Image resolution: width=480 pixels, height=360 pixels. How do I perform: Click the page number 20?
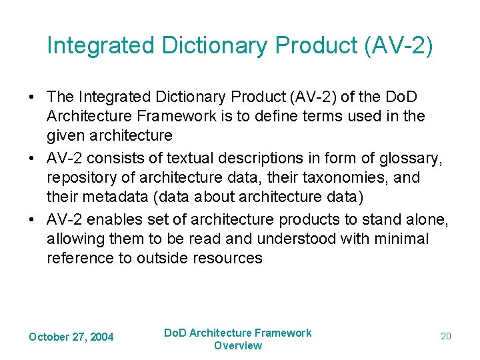[446, 337]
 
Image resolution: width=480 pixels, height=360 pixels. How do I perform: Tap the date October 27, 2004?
[71, 337]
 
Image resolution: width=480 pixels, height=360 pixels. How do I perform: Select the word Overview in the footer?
[238, 345]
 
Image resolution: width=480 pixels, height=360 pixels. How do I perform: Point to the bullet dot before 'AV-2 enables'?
[32, 220]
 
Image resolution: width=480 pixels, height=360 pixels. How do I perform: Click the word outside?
[163, 257]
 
